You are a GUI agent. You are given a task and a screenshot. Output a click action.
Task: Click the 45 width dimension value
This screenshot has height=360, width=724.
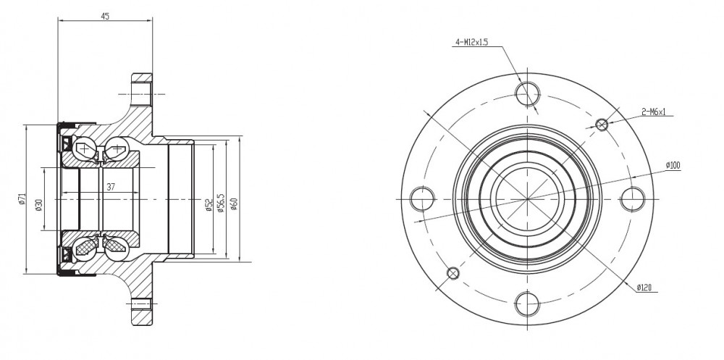(105, 16)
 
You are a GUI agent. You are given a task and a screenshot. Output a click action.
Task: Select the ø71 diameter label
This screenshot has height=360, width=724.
(21, 198)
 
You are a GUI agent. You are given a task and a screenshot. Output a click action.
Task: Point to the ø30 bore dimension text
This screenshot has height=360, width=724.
(38, 204)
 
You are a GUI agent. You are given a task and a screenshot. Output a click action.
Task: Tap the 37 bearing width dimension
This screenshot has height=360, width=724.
(111, 187)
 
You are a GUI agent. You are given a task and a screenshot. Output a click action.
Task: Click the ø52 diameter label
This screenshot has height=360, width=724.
(209, 205)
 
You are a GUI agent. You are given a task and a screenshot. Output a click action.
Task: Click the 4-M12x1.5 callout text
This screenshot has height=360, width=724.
(472, 43)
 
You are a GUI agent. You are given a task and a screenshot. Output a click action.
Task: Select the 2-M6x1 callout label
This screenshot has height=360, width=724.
(654, 112)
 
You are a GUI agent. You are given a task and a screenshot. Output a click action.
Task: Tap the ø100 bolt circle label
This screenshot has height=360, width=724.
(673, 165)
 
